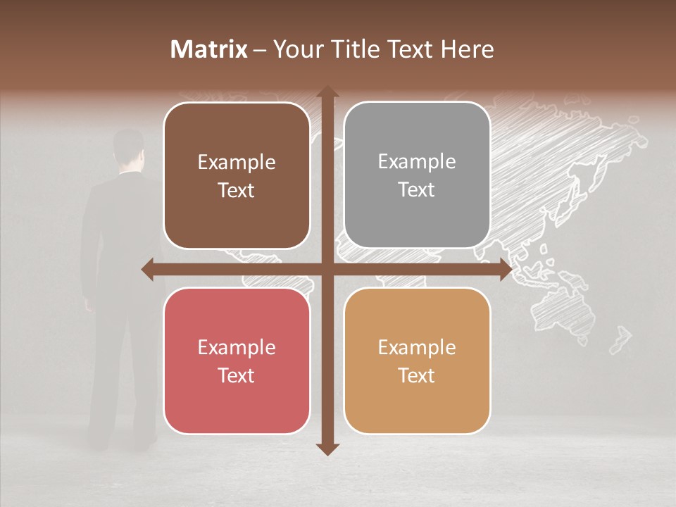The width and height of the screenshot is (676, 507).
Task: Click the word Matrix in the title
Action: point(209,49)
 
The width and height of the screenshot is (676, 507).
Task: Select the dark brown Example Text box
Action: point(237,176)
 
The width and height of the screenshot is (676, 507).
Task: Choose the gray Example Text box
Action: point(417,175)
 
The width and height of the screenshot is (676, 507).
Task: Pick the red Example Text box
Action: point(237,361)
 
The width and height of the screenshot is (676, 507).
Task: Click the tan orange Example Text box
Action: point(417,361)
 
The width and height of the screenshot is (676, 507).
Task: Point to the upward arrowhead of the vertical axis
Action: point(327,92)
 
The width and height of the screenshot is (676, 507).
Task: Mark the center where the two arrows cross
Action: point(327,269)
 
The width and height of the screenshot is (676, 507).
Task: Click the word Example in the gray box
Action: point(417,162)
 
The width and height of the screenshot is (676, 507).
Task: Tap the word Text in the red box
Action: point(237,375)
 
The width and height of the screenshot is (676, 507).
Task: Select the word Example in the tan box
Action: point(417,347)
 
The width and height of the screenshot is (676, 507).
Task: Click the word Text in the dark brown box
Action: point(237,190)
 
